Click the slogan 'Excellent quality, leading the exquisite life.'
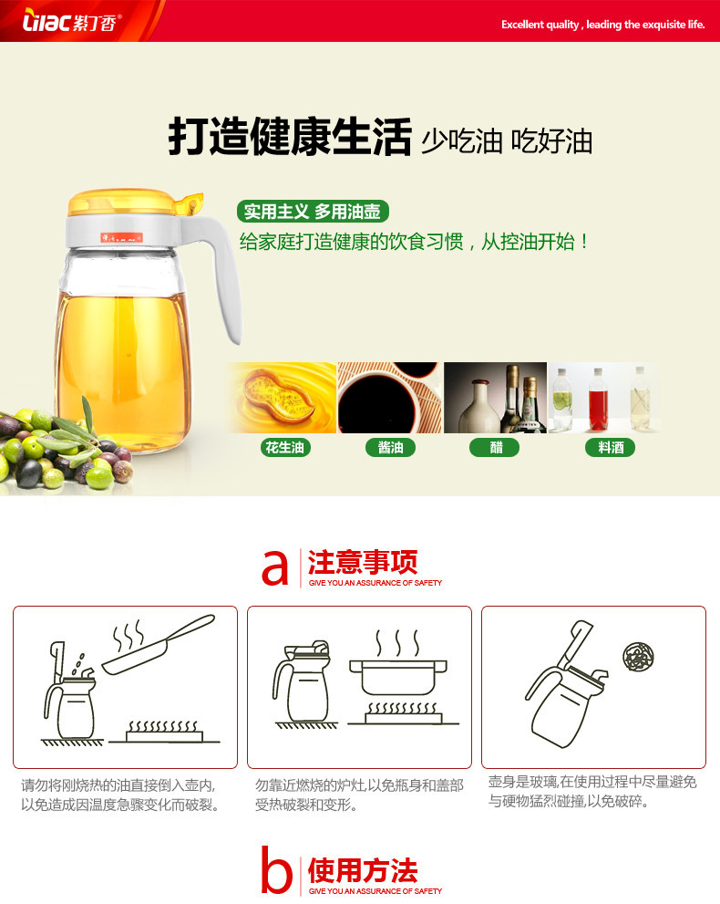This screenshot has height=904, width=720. click(x=602, y=25)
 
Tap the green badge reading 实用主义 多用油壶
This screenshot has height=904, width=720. click(x=313, y=212)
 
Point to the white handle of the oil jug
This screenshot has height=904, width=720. click(x=219, y=271)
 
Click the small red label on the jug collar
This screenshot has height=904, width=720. click(x=121, y=237)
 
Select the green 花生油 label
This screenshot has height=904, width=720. click(x=285, y=447)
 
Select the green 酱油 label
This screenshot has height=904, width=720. click(x=390, y=447)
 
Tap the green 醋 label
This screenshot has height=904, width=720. click(x=495, y=447)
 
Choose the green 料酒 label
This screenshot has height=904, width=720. click(x=610, y=447)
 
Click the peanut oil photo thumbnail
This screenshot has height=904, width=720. click(x=281, y=398)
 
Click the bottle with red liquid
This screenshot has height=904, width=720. click(x=598, y=400)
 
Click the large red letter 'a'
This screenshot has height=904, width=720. click(x=274, y=568)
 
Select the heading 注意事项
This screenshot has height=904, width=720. click(x=363, y=562)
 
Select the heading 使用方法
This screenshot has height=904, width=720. click(x=363, y=870)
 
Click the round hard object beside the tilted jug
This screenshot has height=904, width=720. click(x=638, y=657)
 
